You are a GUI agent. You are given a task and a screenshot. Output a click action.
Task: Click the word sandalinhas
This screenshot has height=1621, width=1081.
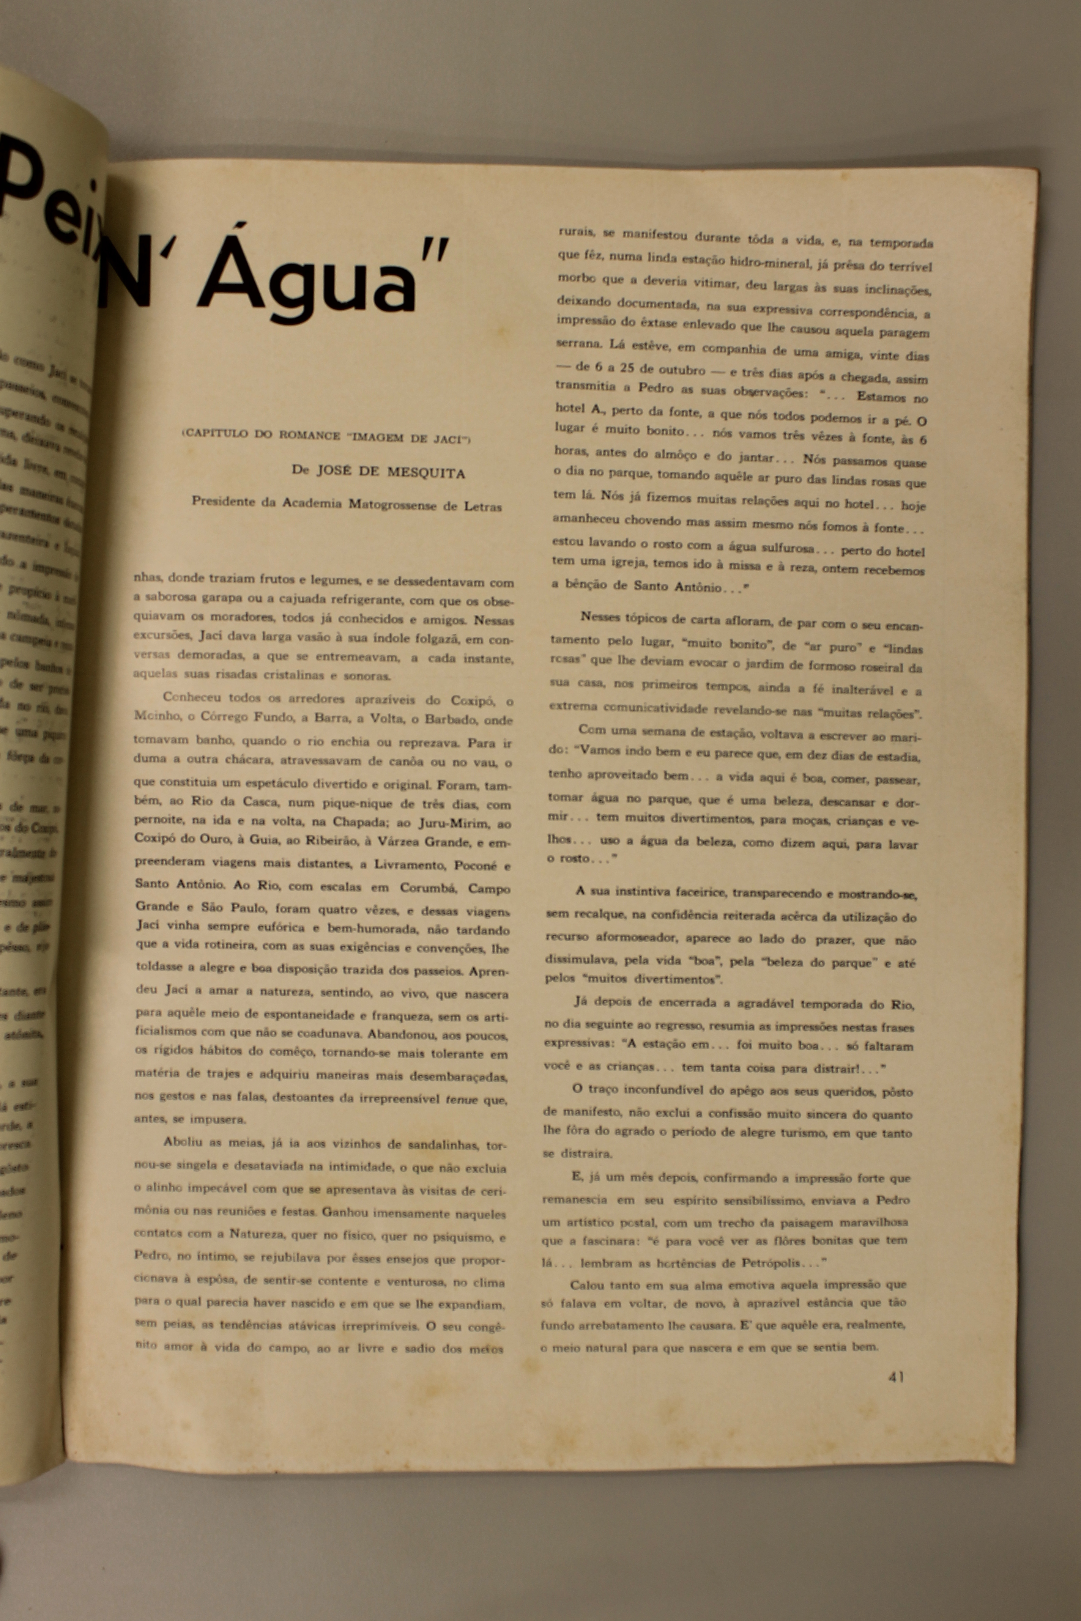[x=443, y=1145]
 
